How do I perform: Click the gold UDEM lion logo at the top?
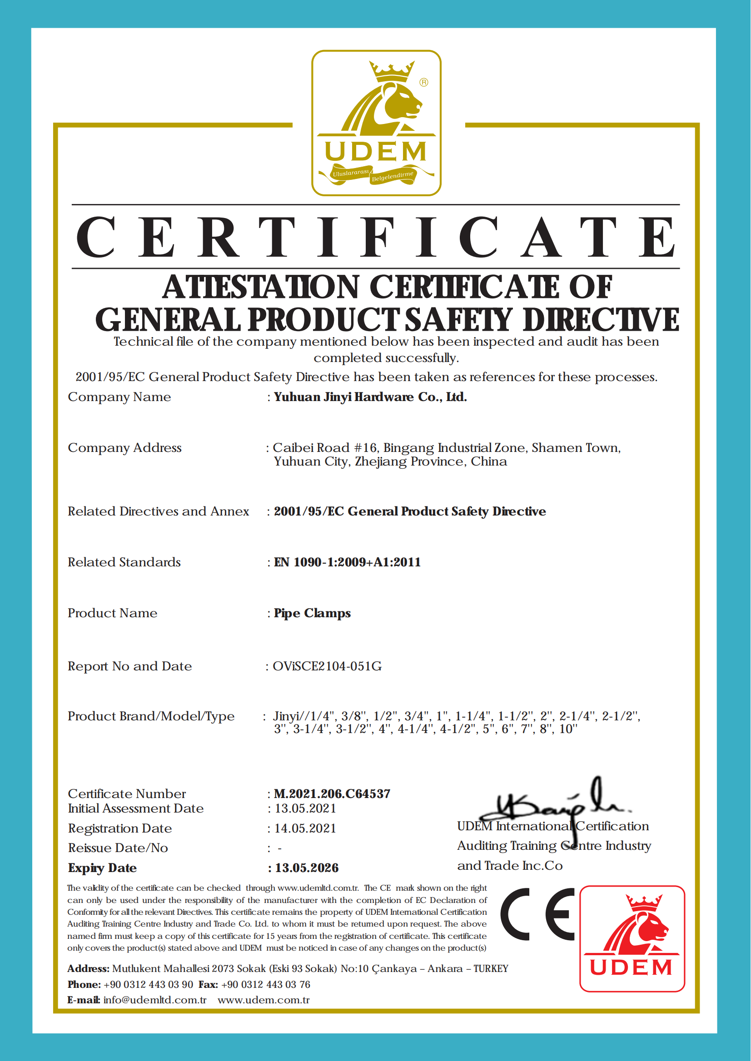click(376, 123)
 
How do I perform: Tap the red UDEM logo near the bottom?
click(632, 938)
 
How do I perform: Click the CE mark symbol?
click(537, 914)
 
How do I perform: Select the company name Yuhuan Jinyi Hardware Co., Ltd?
click(370, 397)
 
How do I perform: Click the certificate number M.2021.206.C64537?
click(332, 794)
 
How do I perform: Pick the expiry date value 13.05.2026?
click(307, 868)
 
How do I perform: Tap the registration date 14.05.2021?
click(305, 828)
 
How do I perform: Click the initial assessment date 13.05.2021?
click(305, 808)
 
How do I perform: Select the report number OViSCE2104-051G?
click(327, 666)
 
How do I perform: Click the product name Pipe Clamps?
click(312, 613)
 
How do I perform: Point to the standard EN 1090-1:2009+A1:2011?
click(347, 562)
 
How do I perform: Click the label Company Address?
click(124, 447)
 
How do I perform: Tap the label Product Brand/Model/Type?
click(151, 716)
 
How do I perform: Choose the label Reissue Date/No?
click(118, 848)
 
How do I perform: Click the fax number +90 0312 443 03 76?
click(265, 984)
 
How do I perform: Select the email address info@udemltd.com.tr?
click(154, 1000)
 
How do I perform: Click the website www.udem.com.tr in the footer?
click(264, 1000)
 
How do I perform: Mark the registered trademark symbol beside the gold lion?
click(423, 82)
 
